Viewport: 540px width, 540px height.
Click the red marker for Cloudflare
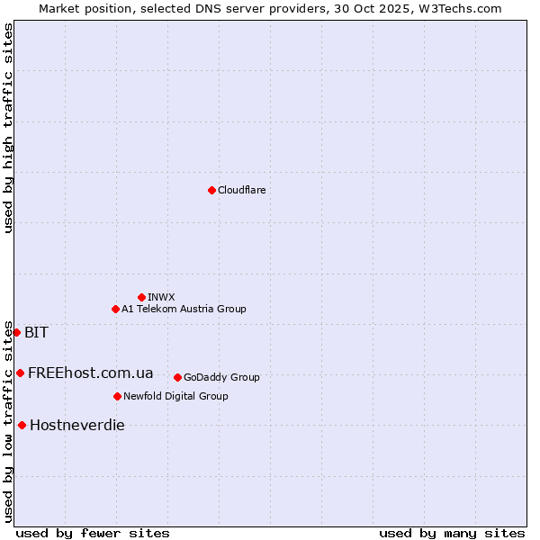211,190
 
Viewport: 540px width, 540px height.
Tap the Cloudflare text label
241,190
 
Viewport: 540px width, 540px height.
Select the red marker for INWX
141,297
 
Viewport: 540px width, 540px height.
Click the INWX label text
161,297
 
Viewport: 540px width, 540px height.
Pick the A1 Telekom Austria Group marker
115,309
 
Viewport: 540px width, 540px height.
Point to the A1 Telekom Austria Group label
184,309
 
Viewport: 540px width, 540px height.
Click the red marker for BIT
16,332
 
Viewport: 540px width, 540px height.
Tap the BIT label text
36,332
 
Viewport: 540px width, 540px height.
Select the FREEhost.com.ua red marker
20,373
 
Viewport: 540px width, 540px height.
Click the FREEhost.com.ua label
90,373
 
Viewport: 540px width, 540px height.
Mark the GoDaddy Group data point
177,377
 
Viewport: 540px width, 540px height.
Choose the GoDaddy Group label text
221,377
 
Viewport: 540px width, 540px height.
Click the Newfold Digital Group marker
117,396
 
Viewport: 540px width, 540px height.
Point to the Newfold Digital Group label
175,396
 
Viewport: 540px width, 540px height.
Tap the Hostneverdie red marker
22,425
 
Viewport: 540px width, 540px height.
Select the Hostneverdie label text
76,425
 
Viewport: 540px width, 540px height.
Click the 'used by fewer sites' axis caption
93,533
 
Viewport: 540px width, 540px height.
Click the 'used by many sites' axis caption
452,533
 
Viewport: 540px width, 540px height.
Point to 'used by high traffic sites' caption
8,128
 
